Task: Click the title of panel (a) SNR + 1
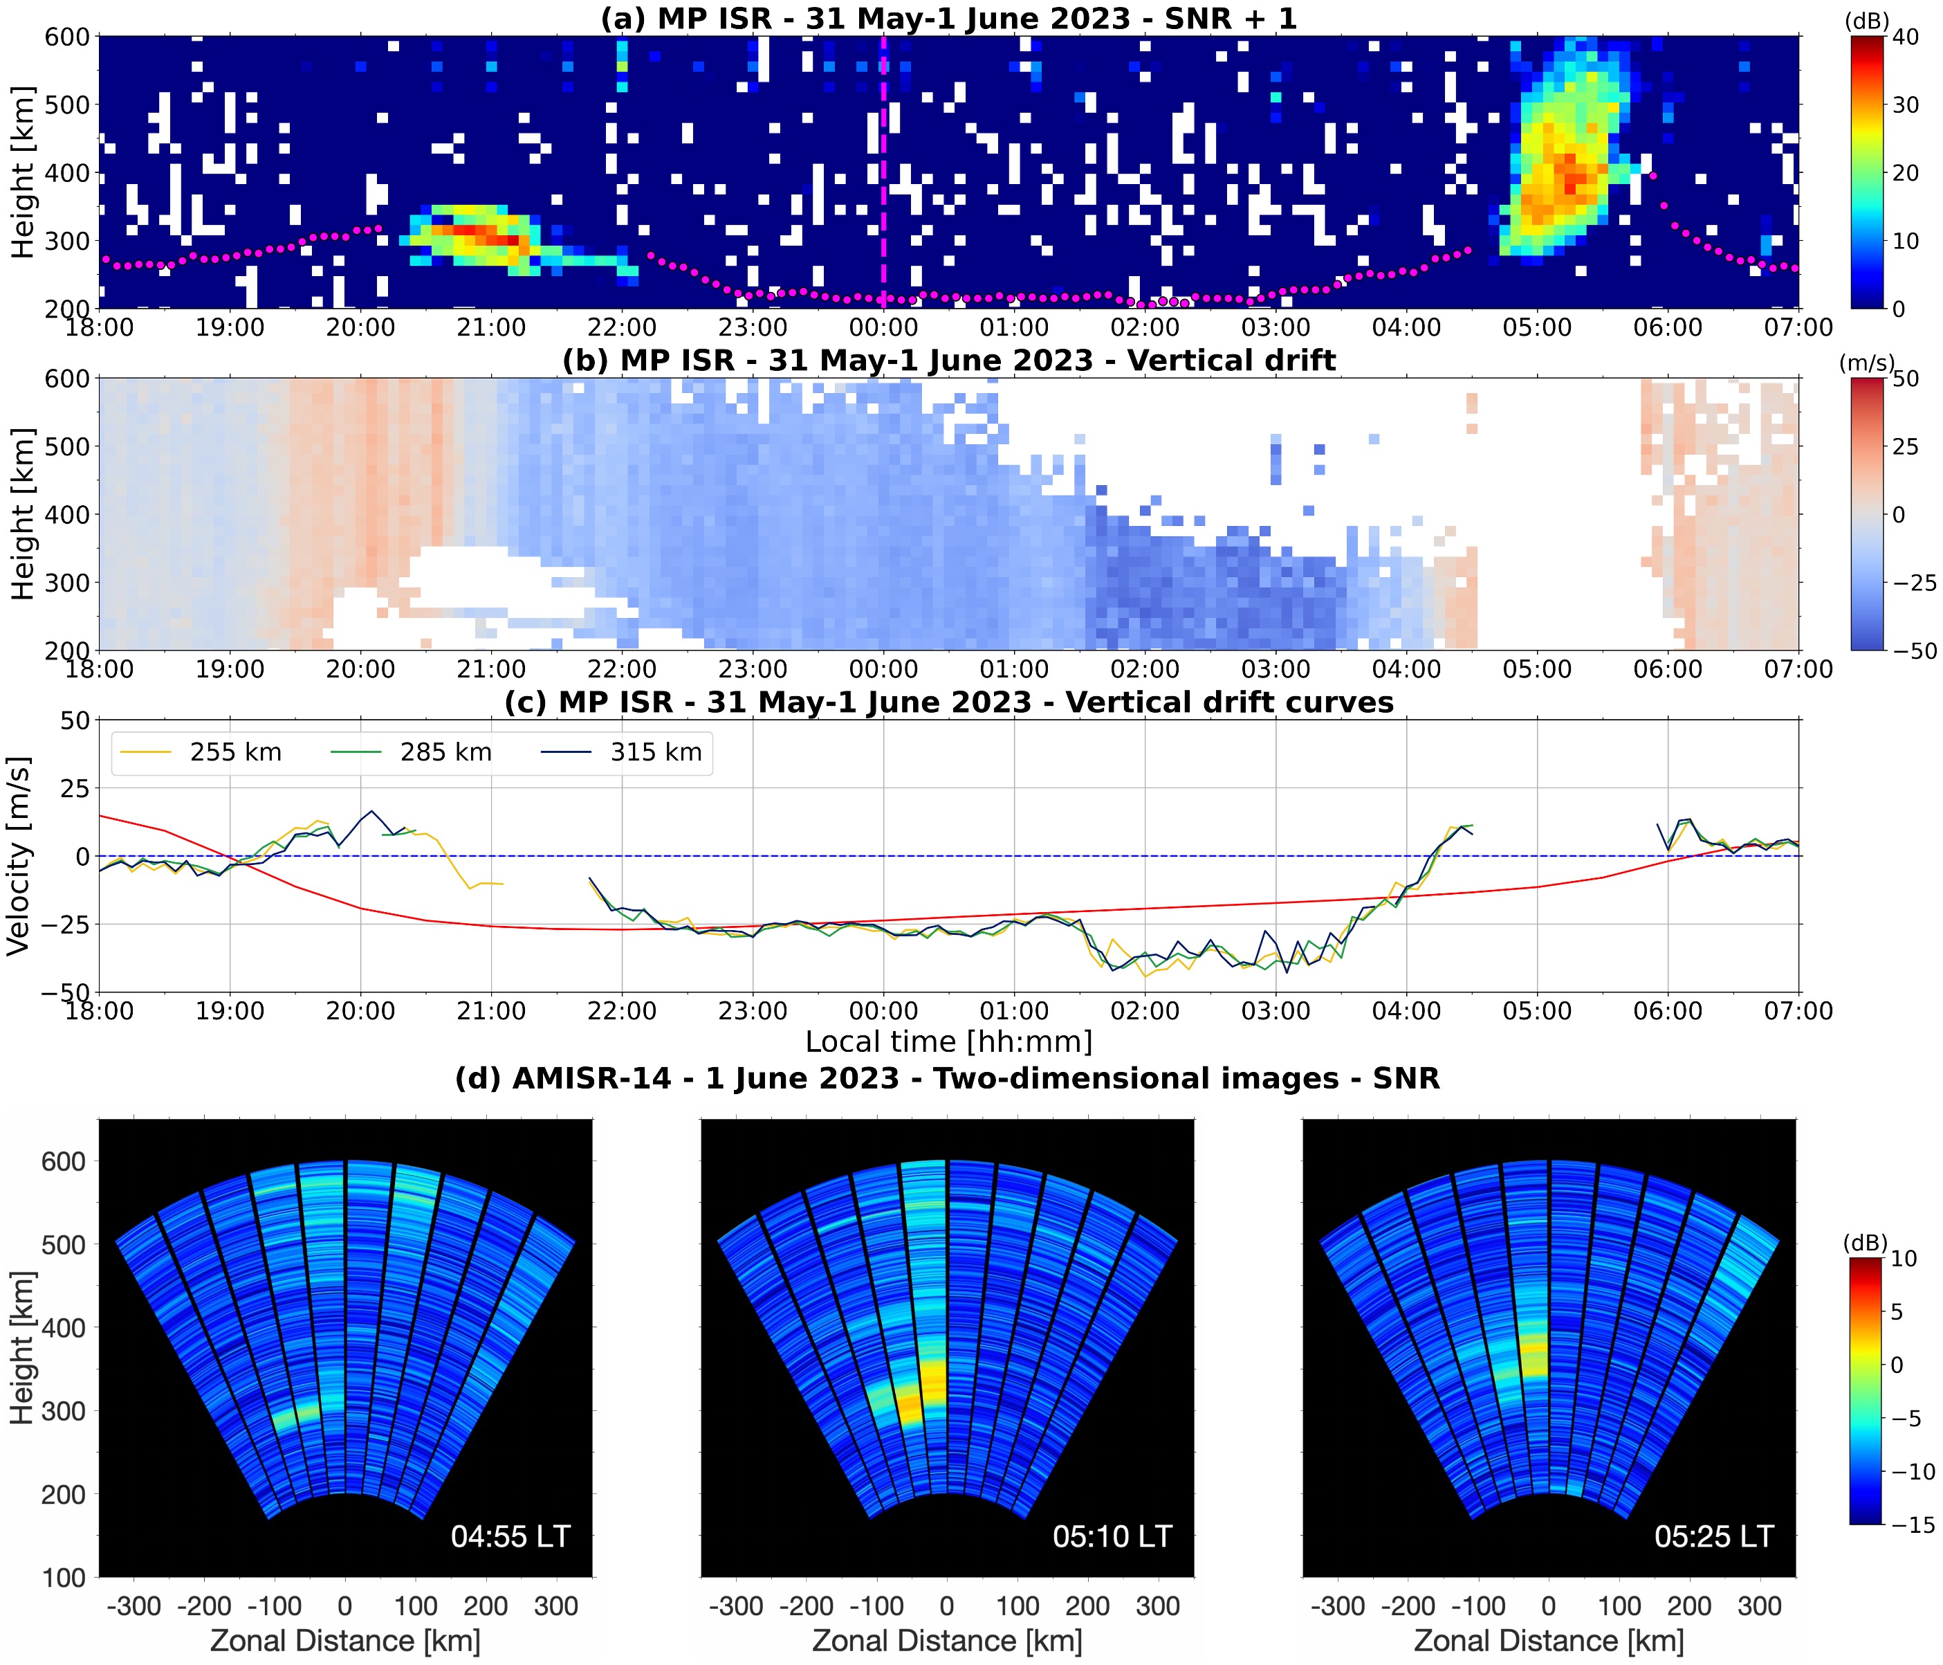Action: coord(948,18)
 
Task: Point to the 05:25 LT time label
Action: coord(1714,1536)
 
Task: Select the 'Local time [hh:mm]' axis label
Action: coord(948,1042)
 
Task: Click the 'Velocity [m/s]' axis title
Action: coord(19,855)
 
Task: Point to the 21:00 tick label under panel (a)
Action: coord(490,328)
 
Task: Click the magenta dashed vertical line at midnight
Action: coord(883,140)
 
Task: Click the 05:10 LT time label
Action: coord(1112,1536)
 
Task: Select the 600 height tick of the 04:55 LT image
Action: coord(63,1161)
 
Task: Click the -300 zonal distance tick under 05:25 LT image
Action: coord(1338,1606)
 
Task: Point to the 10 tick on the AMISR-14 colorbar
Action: coord(1904,1259)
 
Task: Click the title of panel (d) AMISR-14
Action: coord(947,1079)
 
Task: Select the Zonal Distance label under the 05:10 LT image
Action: coord(947,1641)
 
